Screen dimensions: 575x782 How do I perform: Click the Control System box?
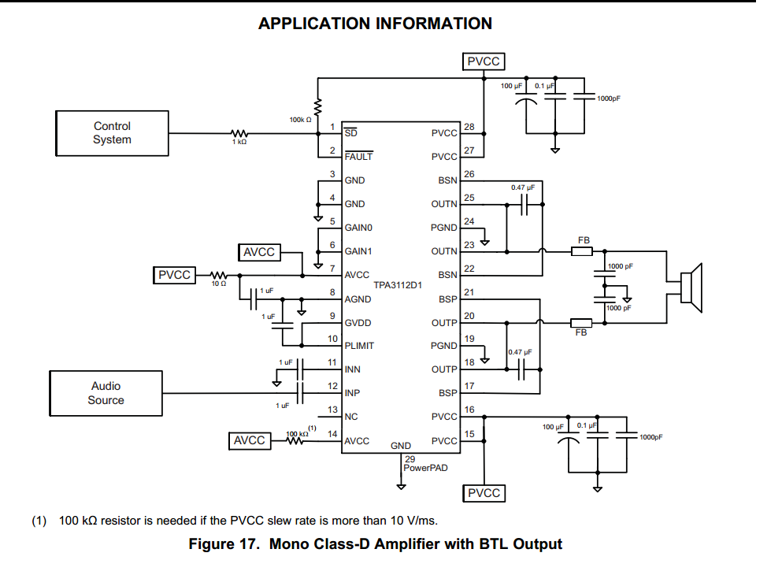coord(112,133)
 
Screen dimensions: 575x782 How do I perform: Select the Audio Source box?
coord(106,393)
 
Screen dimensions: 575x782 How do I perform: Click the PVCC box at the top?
coord(484,61)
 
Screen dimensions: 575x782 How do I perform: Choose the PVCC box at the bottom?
coord(484,493)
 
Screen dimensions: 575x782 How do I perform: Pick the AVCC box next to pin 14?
coord(250,440)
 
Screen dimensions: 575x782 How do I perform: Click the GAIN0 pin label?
coord(358,228)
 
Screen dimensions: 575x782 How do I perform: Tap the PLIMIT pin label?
coord(359,346)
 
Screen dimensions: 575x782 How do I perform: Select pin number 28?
coord(469,128)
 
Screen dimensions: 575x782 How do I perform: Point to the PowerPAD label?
coord(425,468)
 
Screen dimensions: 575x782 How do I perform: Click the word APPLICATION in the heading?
coord(313,24)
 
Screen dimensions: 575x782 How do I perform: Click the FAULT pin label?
coord(358,157)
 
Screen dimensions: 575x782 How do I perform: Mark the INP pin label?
coord(354,393)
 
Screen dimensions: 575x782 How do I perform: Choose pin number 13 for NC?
coord(332,410)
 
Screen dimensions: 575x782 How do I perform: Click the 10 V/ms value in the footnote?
coord(407,521)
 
